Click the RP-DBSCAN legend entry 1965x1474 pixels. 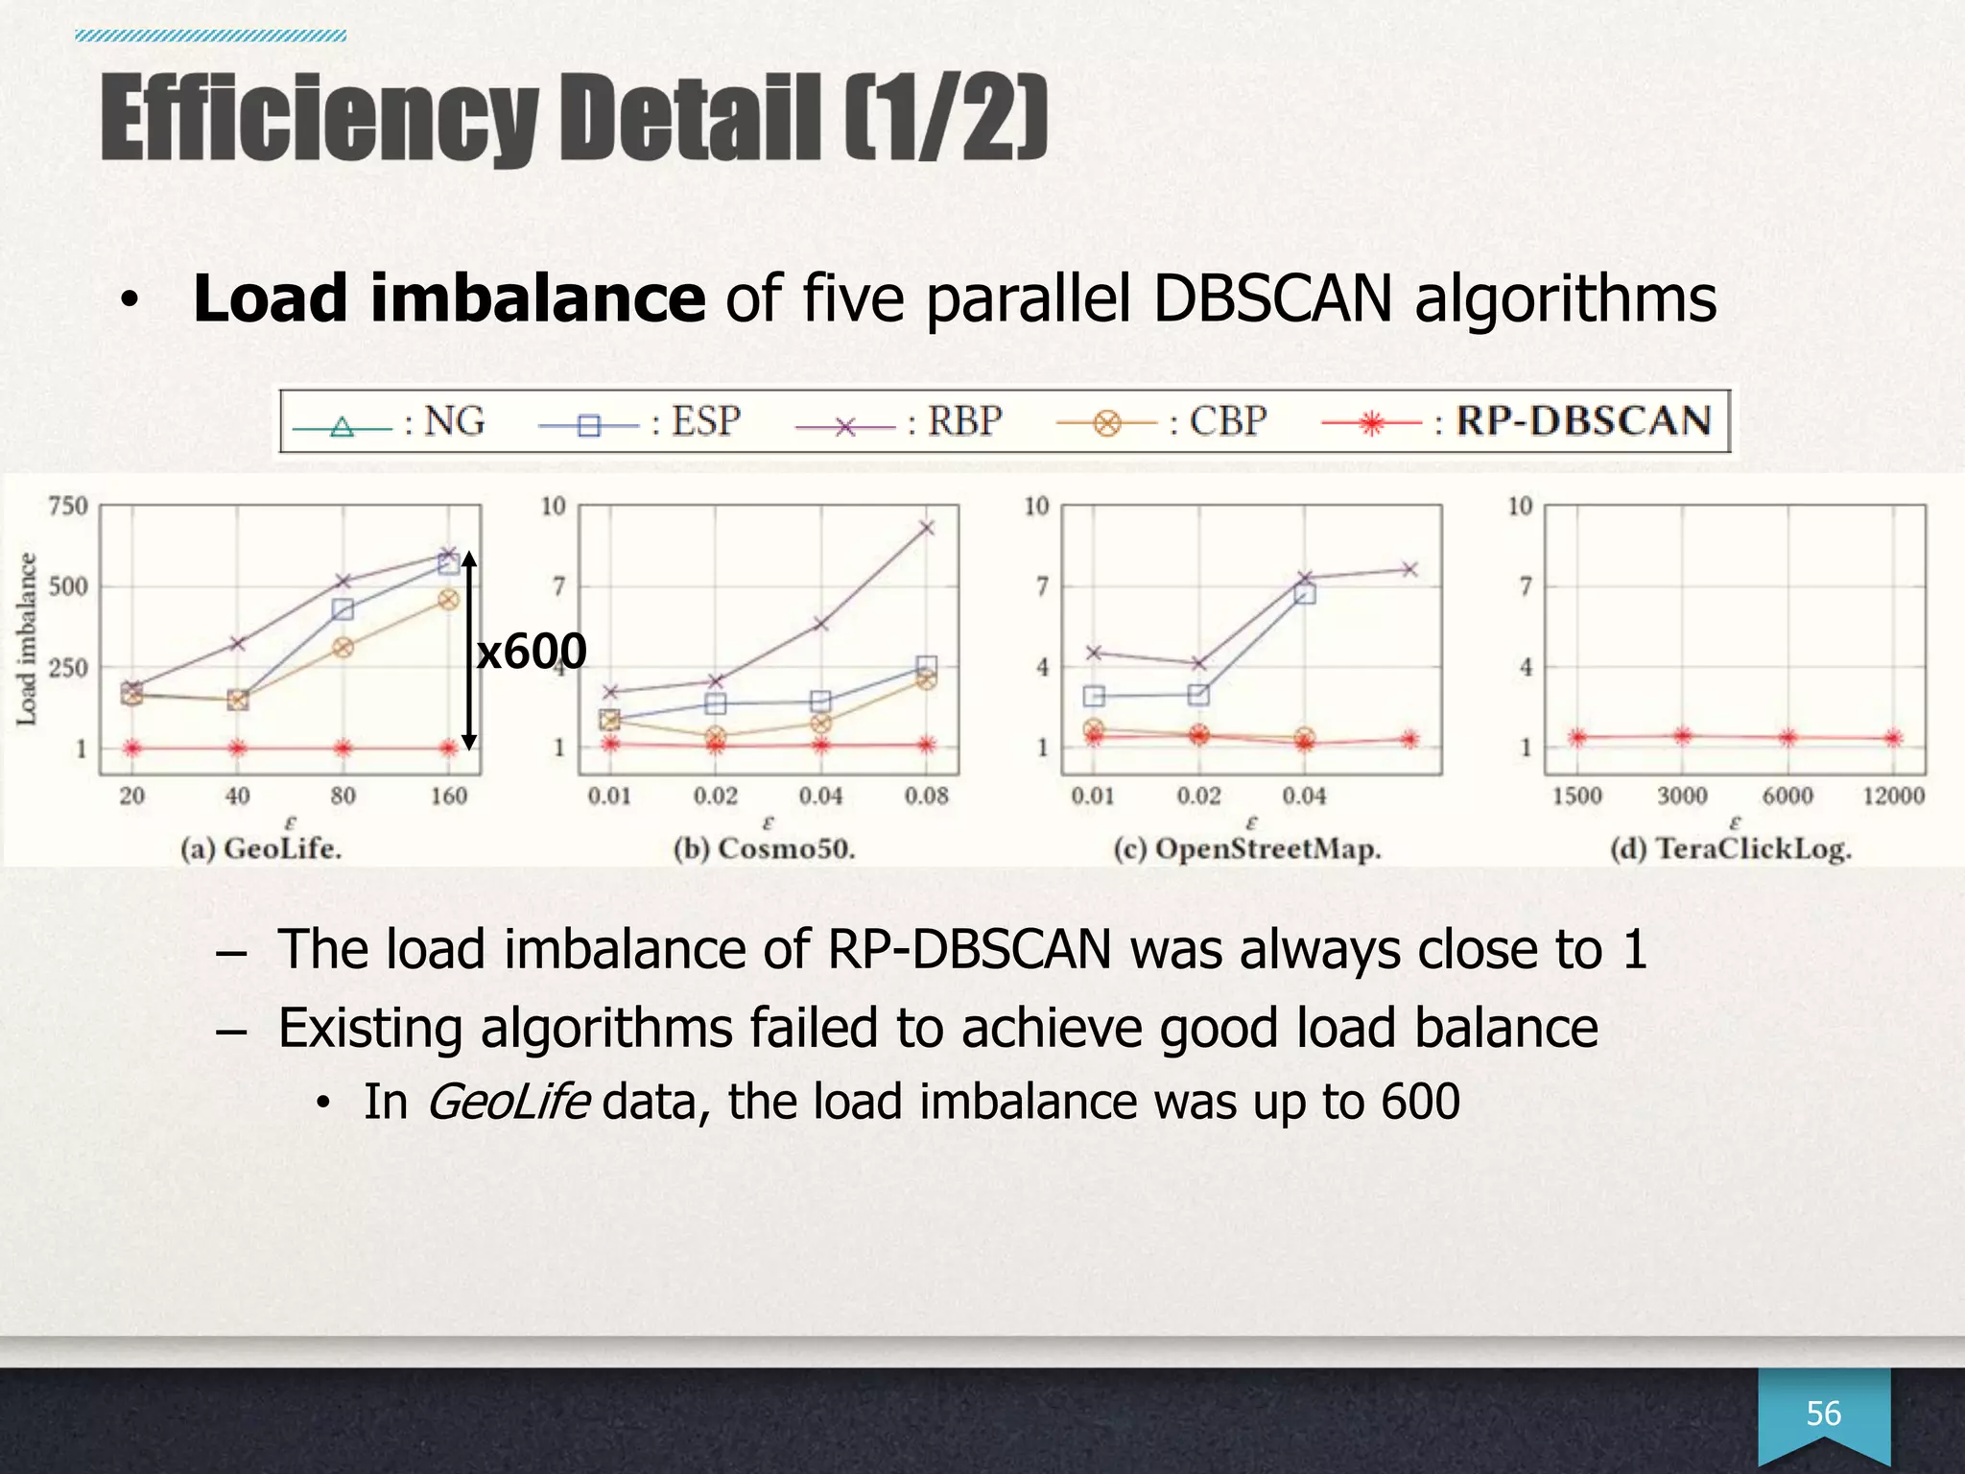click(x=1516, y=421)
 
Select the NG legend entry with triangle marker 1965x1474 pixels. click(x=389, y=422)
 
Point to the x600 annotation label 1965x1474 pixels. click(x=531, y=653)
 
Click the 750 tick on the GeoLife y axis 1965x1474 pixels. click(x=67, y=506)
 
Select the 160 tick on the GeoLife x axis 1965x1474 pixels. click(x=448, y=796)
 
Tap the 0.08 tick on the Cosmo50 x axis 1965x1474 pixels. click(x=926, y=796)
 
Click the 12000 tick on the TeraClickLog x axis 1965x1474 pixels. click(x=1893, y=796)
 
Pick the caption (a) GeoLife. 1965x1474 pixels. click(x=261, y=848)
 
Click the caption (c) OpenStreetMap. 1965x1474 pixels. click(x=1247, y=848)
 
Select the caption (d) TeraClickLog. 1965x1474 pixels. click(x=1731, y=848)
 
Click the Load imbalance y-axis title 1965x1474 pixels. click(x=27, y=638)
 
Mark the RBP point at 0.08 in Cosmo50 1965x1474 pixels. click(x=926, y=528)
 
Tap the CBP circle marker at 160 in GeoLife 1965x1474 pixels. click(x=448, y=600)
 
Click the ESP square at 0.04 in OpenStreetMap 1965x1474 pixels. click(x=1304, y=593)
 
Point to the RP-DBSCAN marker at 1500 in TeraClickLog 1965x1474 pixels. click(x=1577, y=737)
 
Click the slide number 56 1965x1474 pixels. click(x=1823, y=1414)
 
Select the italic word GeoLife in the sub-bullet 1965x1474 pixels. click(x=507, y=1101)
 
